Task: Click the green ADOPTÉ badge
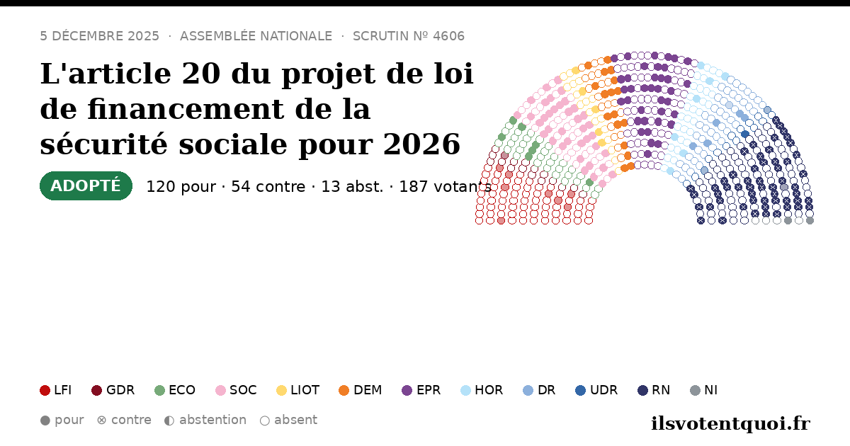(x=86, y=185)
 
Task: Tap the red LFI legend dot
(x=45, y=390)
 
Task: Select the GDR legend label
(x=120, y=390)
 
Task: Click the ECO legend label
(x=182, y=390)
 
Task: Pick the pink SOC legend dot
(x=220, y=390)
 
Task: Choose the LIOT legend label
(x=305, y=390)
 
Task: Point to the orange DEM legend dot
(x=344, y=390)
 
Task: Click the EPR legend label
(x=429, y=390)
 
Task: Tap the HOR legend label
(x=489, y=390)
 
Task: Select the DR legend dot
(x=528, y=390)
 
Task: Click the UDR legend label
(x=603, y=390)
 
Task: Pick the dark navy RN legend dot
(x=642, y=390)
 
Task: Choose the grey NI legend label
(x=710, y=390)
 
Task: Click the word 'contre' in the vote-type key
(x=131, y=421)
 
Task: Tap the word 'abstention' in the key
(x=213, y=421)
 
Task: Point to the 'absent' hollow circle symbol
(x=265, y=421)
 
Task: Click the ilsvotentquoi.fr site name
(x=730, y=423)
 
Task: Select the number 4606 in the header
(x=448, y=36)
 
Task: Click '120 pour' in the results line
(x=181, y=187)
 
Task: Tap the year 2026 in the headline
(x=421, y=144)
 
